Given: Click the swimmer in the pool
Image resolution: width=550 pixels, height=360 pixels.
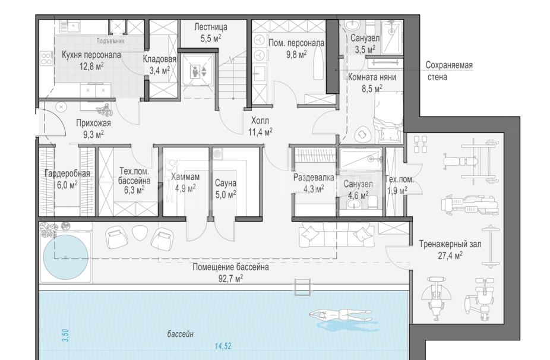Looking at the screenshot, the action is tap(340, 314).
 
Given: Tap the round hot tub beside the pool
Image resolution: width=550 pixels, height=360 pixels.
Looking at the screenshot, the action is tap(65, 257).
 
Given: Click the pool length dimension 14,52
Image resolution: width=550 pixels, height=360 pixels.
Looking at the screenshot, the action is tap(223, 346).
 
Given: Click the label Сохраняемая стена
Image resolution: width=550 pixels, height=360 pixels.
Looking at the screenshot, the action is tap(449, 71).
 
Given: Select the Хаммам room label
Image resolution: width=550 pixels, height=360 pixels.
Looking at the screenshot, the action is tap(185, 177).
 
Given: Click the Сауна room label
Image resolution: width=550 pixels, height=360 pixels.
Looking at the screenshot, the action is tap(226, 183).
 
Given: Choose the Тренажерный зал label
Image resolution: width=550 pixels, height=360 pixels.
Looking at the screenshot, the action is tap(450, 244).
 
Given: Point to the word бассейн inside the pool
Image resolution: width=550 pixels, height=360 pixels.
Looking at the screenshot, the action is tap(181, 334).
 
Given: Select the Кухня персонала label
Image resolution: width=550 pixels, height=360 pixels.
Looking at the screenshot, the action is tap(91, 55).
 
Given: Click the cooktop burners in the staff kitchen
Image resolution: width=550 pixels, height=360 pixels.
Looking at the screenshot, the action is tap(46, 58).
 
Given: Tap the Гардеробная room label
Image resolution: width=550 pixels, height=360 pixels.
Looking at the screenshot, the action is tap(67, 173).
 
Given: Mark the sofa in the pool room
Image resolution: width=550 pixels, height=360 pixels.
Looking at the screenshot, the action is tap(337, 236).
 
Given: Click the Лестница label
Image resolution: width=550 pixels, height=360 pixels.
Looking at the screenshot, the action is tap(210, 27).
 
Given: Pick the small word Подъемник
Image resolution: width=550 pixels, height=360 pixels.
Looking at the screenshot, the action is tap(110, 41).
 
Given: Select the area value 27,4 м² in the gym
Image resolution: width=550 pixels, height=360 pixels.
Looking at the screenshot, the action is tap(450, 255).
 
